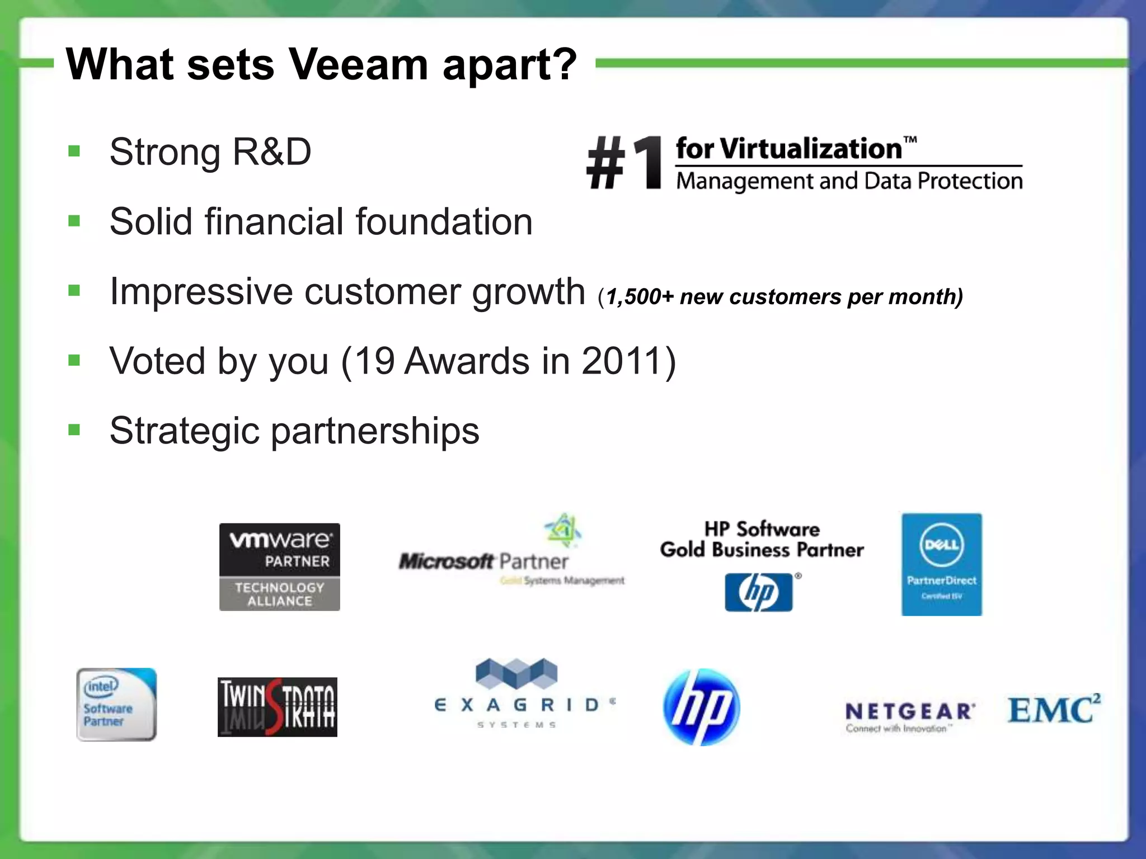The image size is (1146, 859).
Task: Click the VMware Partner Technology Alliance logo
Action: click(x=279, y=567)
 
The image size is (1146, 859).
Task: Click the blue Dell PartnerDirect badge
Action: click(x=941, y=564)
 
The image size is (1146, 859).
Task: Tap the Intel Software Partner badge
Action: click(x=116, y=704)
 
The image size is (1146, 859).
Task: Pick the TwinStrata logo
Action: click(x=277, y=707)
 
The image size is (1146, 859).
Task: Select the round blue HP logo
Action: click(x=701, y=707)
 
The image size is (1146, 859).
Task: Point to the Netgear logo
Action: click(x=910, y=716)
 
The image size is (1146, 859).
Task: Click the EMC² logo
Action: click(x=1053, y=709)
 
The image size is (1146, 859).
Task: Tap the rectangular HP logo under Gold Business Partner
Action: click(x=759, y=592)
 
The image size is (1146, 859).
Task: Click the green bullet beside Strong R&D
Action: click(x=74, y=151)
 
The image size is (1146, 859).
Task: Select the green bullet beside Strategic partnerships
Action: click(x=74, y=430)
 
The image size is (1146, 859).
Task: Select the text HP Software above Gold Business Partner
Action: click(x=762, y=528)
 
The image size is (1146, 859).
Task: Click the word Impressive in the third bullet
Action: click(x=201, y=291)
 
